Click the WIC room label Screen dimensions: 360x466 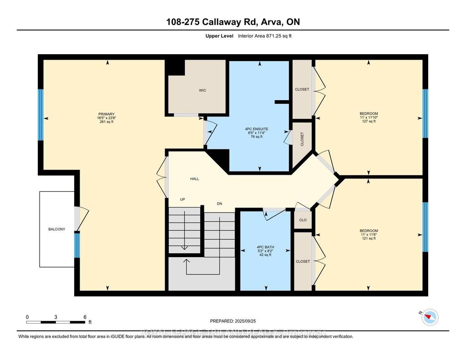203,90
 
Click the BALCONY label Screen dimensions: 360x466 57,229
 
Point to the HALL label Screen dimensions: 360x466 194,179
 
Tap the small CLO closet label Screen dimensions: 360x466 303,220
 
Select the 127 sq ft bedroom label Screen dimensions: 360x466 369,113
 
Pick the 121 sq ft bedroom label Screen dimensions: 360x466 369,231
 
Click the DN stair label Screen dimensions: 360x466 219,203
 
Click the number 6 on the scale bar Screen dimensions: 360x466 85,317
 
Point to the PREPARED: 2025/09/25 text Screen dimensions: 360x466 236,321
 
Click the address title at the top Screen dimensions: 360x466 233,22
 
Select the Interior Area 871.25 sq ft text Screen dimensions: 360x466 264,36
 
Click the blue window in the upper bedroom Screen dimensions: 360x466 425,113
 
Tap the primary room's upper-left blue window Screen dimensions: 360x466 41,115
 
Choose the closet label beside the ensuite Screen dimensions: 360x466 302,139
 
